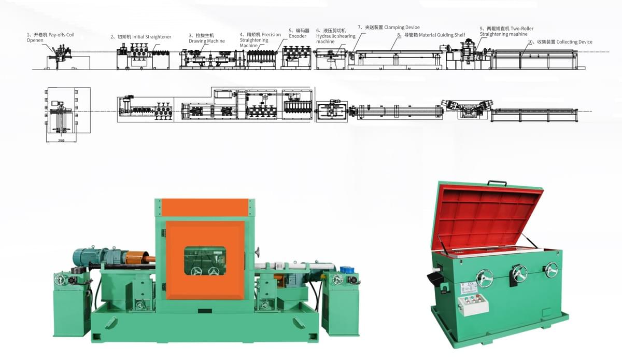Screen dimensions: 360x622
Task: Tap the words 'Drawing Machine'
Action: (x=206, y=41)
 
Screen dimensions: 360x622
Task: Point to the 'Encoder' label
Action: (x=298, y=36)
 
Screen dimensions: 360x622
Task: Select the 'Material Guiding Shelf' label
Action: (x=434, y=35)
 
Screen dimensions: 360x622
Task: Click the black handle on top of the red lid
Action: (x=496, y=183)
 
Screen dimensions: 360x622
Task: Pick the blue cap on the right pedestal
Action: (x=346, y=270)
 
